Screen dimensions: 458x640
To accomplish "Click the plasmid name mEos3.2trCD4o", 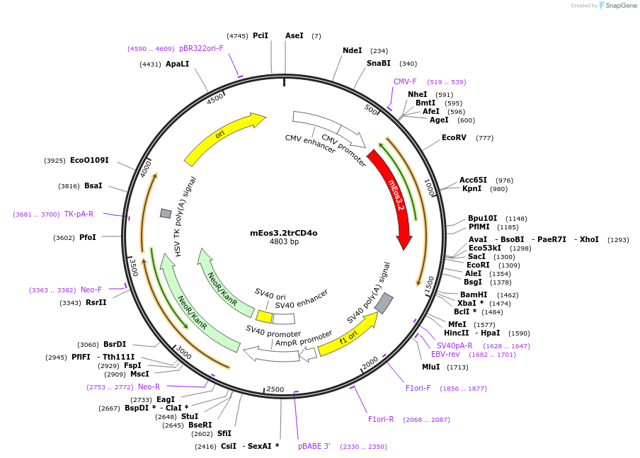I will coord(284,233).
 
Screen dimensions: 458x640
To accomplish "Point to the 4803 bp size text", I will coord(284,242).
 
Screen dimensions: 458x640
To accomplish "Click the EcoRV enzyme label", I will coord(454,138).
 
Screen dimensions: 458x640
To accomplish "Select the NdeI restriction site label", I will coord(352,51).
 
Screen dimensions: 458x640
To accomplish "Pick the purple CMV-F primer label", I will coord(405,82).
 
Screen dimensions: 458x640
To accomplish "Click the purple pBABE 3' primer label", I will coord(314,447).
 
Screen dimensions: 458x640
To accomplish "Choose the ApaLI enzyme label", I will coord(177,64).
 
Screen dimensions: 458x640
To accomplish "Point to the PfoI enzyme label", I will coord(87,238).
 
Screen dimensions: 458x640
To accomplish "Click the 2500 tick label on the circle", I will coord(275,390).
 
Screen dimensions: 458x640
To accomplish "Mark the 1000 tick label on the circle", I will coord(429,187).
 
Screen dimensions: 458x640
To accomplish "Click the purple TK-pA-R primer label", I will coord(79,214).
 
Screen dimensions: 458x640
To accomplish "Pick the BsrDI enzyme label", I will coord(115,345).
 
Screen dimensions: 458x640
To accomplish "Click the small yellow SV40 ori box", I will coord(264,316).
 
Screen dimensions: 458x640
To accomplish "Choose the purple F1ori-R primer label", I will coord(381,420).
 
